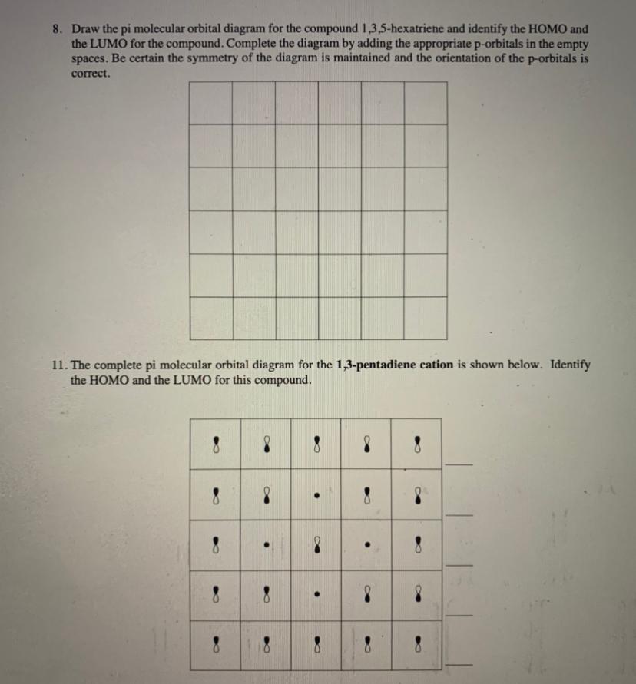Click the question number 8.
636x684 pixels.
[57, 29]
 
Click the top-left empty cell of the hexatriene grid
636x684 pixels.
[210, 102]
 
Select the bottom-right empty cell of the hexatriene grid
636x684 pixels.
[425, 317]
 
